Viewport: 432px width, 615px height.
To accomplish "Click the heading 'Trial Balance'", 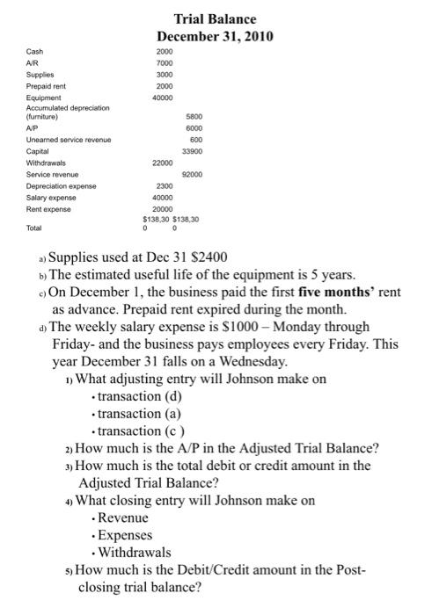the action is (x=216, y=18).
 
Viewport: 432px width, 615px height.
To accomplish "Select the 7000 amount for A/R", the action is (x=165, y=63).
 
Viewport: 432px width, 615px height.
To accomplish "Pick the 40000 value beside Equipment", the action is (x=163, y=98).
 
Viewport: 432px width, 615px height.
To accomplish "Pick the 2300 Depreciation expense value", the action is (x=165, y=185).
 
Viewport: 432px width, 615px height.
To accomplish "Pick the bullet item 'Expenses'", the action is (x=124, y=535).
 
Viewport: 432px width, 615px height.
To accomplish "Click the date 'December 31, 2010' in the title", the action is (x=216, y=36).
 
